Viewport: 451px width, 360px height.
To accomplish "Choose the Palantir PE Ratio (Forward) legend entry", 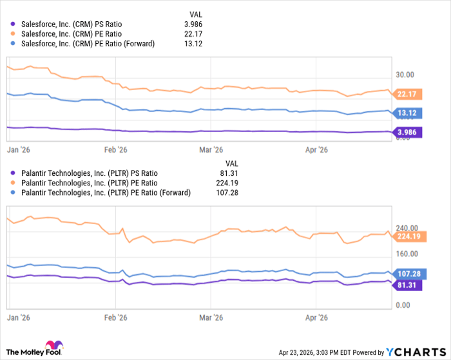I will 97,193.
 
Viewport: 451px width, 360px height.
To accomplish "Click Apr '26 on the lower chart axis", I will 316,318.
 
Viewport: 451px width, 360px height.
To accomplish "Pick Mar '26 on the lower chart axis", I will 211,318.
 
